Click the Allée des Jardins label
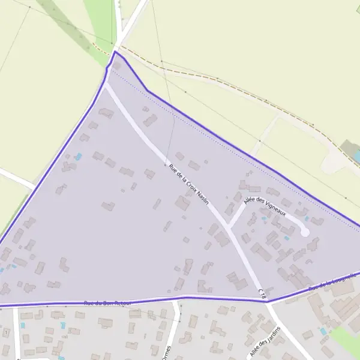[x=265, y=343]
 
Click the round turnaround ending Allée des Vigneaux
[x=305, y=232]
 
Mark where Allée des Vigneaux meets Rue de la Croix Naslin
[x=229, y=227]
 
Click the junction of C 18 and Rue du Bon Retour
[x=267, y=301]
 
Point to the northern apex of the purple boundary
[x=115, y=52]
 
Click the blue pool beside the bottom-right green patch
[x=323, y=331]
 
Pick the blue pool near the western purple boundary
[x=78, y=157]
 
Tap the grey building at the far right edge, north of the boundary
[x=349, y=148]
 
